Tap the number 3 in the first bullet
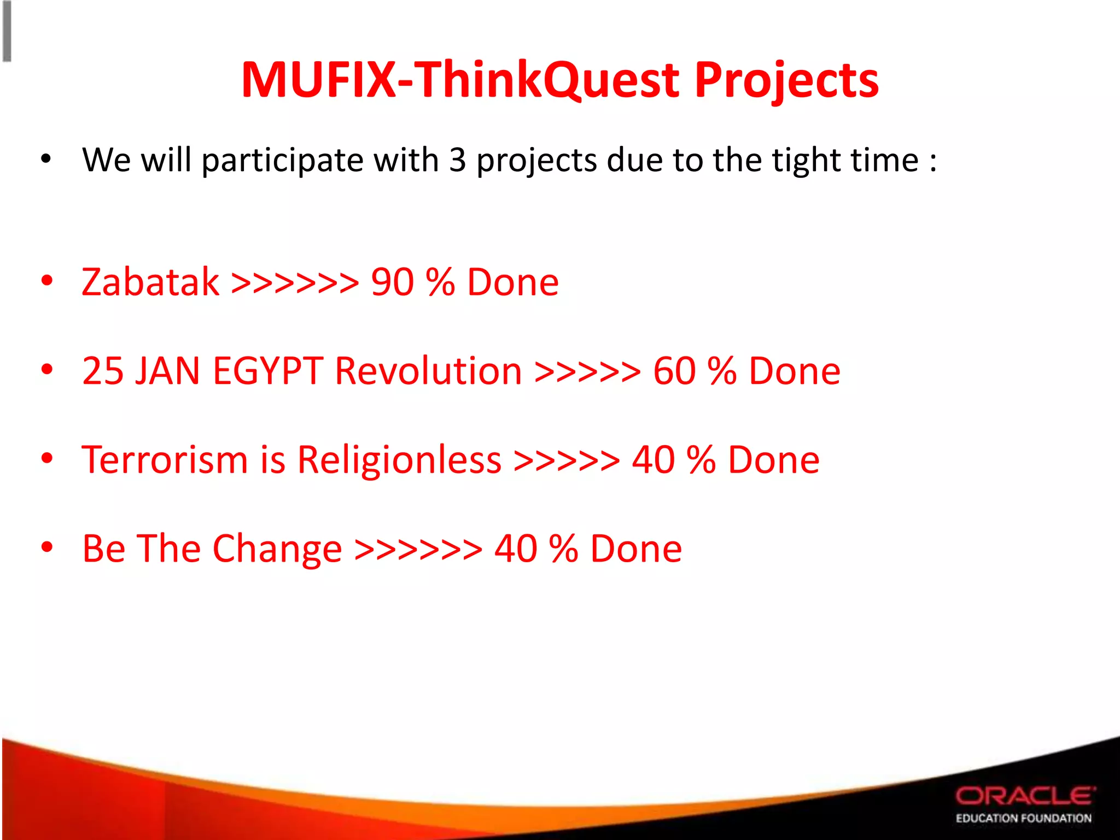point(457,160)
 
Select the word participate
point(282,161)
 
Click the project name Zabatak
point(150,282)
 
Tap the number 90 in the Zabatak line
point(392,282)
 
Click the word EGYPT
point(268,371)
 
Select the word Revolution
point(428,371)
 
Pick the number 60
point(674,371)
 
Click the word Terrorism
point(165,459)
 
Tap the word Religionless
point(399,459)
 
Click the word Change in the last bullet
point(277,549)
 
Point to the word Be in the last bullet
point(103,549)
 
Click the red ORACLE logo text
point(1025,796)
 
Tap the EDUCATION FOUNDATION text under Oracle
point(1023,818)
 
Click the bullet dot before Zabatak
point(47,281)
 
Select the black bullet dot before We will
point(46,159)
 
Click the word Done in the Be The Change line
point(636,549)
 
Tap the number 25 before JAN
point(103,371)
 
